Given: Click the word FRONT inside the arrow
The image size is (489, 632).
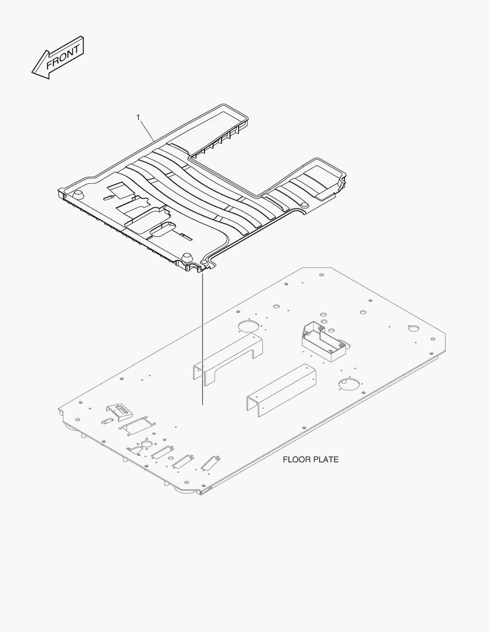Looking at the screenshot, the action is [x=63, y=57].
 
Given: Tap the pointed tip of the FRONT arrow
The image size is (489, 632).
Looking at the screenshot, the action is [x=32, y=73].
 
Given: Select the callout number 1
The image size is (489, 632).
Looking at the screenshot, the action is [x=138, y=117].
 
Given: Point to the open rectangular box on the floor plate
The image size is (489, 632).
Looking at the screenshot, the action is [x=324, y=342].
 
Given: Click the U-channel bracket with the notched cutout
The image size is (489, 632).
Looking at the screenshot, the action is [x=228, y=359].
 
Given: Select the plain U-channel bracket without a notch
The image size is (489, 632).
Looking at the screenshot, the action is [x=282, y=390].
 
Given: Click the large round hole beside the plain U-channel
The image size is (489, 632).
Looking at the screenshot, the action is [x=349, y=384].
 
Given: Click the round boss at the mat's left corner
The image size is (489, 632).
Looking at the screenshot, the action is [x=78, y=193].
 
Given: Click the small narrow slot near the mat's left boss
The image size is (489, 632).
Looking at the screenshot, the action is [x=110, y=197].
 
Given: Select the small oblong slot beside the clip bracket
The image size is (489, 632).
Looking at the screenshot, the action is [x=107, y=421].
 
